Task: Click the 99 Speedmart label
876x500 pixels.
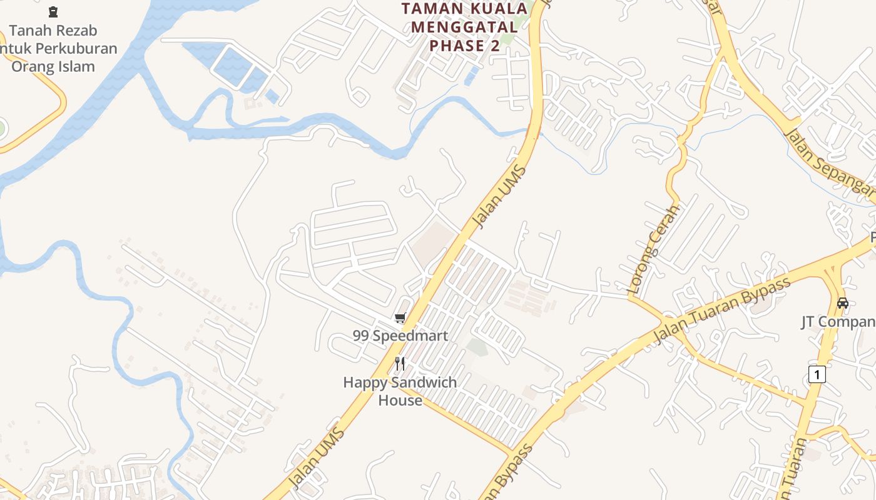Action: pos(400,336)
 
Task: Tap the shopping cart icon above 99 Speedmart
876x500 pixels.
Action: pos(400,318)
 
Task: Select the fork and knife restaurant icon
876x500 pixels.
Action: pos(400,364)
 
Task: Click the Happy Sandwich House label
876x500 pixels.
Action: pos(400,391)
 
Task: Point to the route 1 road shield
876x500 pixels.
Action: pos(817,374)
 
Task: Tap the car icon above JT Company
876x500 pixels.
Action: pos(843,303)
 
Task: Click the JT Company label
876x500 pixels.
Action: pos(838,322)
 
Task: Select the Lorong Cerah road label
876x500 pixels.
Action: pos(654,250)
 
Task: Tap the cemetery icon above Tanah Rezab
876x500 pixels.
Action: pos(53,11)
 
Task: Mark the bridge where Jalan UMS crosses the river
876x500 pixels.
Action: pos(532,131)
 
